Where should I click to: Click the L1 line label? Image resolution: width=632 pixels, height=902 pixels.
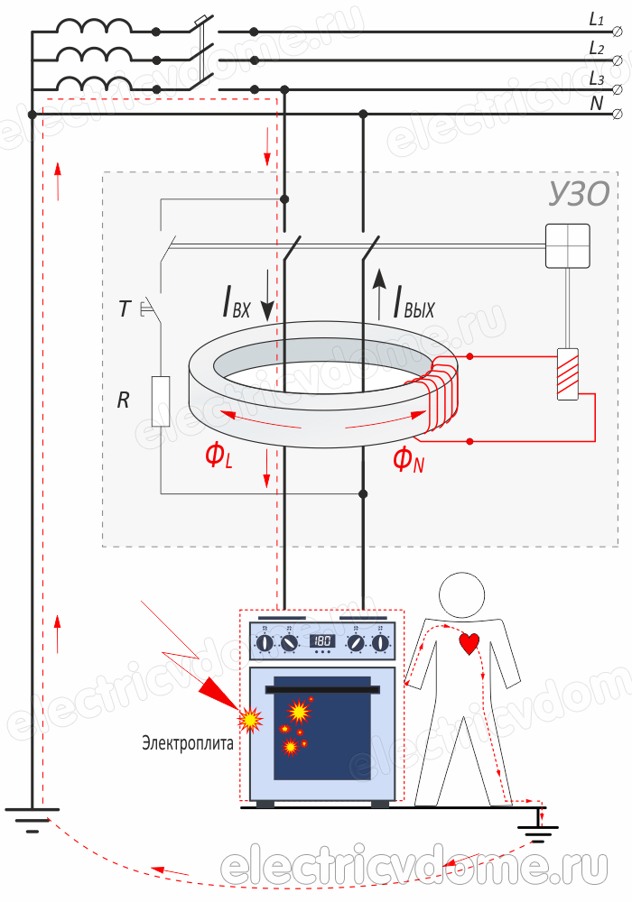pyautogui.click(x=597, y=18)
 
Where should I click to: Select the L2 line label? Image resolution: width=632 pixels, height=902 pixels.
pyautogui.click(x=597, y=48)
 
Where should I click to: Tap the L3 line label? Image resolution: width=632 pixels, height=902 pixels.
pyautogui.click(x=597, y=78)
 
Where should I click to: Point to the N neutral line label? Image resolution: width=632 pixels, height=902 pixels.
pyautogui.click(x=597, y=103)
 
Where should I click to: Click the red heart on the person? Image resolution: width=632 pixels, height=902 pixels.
pyautogui.click(x=469, y=643)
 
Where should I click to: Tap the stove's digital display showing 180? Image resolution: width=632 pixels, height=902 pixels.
pyautogui.click(x=323, y=641)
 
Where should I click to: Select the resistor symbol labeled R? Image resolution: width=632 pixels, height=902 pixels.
pyautogui.click(x=161, y=400)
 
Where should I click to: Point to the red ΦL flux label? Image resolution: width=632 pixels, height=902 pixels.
pyautogui.click(x=218, y=456)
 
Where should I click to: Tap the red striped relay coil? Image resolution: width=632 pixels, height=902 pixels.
pyautogui.click(x=567, y=373)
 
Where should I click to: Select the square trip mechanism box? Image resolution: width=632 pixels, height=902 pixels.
pyautogui.click(x=567, y=245)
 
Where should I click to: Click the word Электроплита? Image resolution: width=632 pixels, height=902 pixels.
pyautogui.click(x=187, y=744)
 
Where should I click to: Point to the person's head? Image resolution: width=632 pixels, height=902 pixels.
pyautogui.click(x=461, y=596)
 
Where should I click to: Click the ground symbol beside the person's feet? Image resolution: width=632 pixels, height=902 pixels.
pyautogui.click(x=540, y=828)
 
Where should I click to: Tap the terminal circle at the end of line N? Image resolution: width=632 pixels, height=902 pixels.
pyautogui.click(x=618, y=114)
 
